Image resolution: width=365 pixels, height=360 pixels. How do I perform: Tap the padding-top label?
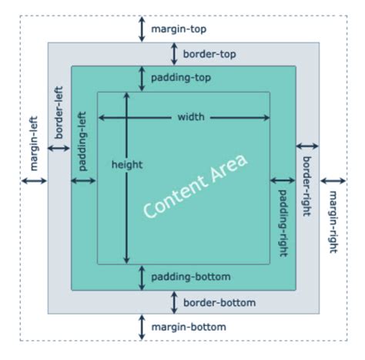[x=181, y=78]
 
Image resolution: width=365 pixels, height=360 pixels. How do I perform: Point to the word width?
[x=191, y=118]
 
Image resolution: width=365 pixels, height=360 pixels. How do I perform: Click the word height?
[x=127, y=164]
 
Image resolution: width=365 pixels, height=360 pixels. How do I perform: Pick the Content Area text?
[x=196, y=187]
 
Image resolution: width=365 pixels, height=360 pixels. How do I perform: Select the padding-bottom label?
[x=190, y=277]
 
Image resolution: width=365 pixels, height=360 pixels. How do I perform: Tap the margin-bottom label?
[x=189, y=328]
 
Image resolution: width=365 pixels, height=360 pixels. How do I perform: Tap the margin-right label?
[x=333, y=221]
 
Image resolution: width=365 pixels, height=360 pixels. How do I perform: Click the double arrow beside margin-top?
[x=142, y=29]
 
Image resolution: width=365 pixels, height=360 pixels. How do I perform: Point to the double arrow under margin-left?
[x=35, y=181]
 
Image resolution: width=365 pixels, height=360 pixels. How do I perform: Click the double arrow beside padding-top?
[x=142, y=78]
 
